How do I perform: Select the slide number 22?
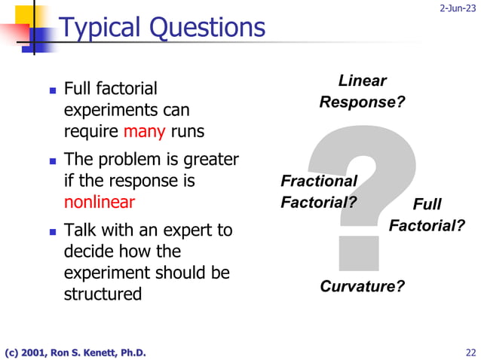point(471,352)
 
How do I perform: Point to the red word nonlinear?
point(100,202)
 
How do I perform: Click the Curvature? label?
point(362,286)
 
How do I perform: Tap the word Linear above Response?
point(362,81)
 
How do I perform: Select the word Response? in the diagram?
point(362,102)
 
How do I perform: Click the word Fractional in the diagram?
point(318,181)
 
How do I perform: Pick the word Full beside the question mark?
point(427,205)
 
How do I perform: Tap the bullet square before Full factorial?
point(53,90)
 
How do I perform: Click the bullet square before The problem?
point(53,160)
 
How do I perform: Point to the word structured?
point(103,294)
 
